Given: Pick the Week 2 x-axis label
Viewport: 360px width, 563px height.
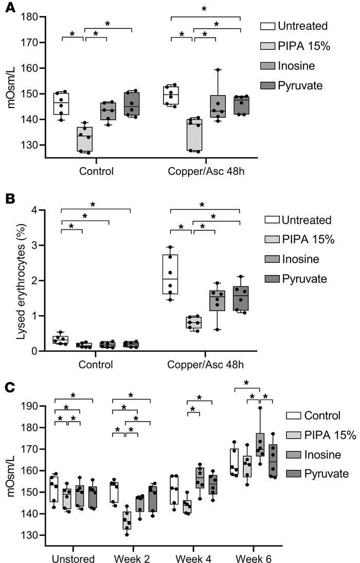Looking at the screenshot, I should click(x=131, y=557).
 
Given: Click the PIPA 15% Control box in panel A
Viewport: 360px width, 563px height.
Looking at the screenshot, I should click(x=85, y=139).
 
